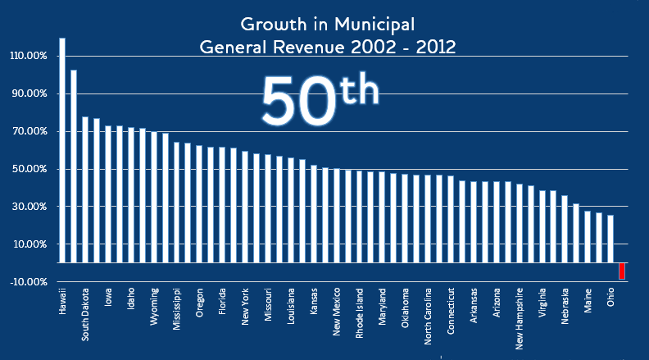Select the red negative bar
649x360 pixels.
(x=622, y=271)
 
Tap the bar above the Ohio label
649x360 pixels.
(x=610, y=239)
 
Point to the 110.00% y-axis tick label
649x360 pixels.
(x=29, y=56)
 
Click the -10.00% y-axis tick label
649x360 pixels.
(x=29, y=281)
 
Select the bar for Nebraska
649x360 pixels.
(x=565, y=230)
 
